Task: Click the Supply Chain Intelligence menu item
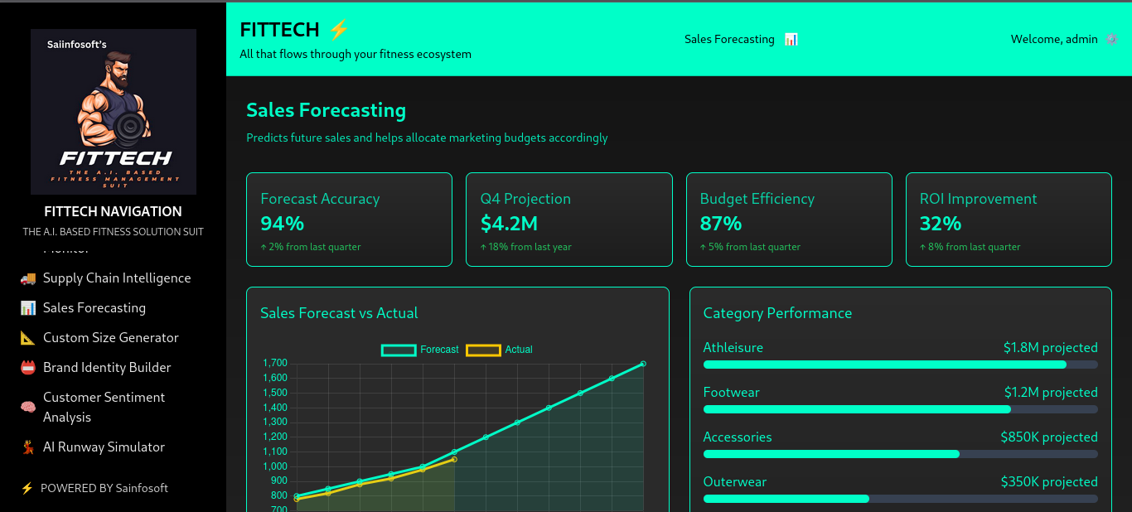pos(117,278)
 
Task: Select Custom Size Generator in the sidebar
pos(110,338)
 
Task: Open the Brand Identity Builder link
pos(107,368)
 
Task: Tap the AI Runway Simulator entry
pos(104,447)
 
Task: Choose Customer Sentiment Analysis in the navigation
pos(104,408)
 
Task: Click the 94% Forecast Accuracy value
pos(283,224)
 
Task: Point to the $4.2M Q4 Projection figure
pos(509,224)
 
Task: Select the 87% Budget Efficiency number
pos(721,224)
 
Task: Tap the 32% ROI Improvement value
pos(941,224)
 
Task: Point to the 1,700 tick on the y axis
pos(275,364)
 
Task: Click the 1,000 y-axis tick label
pos(275,466)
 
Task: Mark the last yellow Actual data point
pos(454,459)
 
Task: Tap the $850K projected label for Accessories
pos(1048,437)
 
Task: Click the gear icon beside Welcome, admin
pos(1111,39)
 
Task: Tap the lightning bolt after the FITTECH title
pos(339,30)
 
